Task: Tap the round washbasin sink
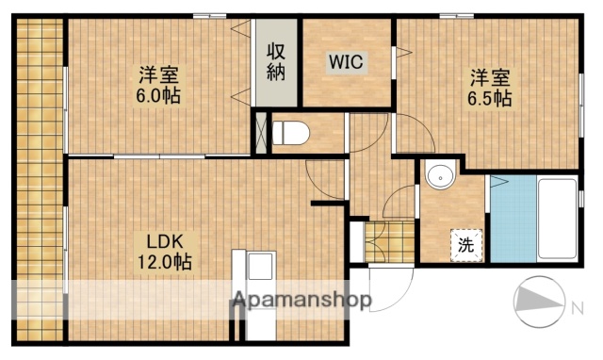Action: pos(439,176)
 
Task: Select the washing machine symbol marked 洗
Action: pos(465,244)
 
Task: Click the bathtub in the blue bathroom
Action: pos(557,219)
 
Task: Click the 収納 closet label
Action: pos(274,61)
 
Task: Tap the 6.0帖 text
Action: pos(158,95)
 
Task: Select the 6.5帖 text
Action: pos(488,97)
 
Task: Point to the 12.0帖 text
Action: pos(166,262)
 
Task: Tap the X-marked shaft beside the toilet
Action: pos(261,131)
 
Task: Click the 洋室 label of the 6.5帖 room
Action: pos(488,76)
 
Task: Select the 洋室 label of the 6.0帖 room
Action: pos(158,74)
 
